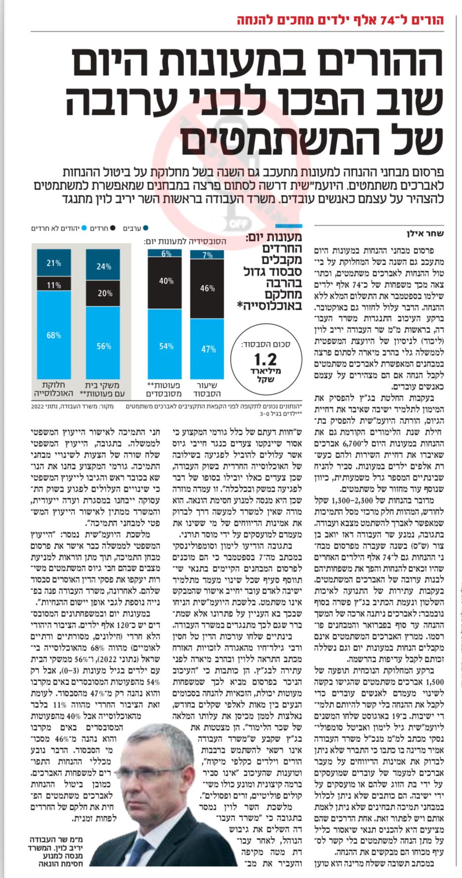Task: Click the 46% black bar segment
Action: click(x=207, y=288)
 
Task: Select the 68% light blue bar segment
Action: click(x=54, y=335)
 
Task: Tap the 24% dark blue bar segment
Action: click(x=103, y=266)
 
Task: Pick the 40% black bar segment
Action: click(x=166, y=281)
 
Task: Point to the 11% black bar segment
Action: click(x=54, y=285)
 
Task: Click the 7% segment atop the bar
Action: click(x=207, y=255)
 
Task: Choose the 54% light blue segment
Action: click(x=166, y=346)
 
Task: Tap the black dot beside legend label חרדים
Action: click(x=113, y=228)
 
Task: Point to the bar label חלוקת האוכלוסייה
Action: click(x=54, y=389)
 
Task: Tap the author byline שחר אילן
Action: click(x=425, y=233)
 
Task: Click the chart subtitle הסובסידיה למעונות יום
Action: click(x=185, y=242)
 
